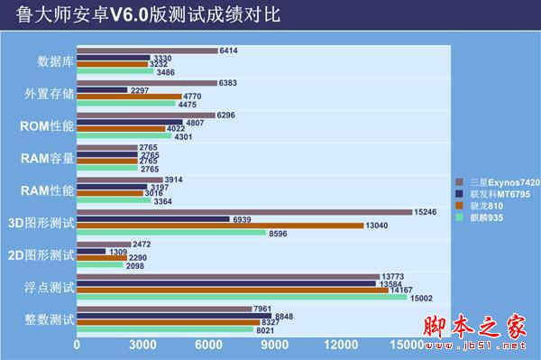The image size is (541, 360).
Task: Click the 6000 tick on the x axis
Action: coord(208,345)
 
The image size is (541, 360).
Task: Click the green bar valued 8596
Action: coord(171,233)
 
